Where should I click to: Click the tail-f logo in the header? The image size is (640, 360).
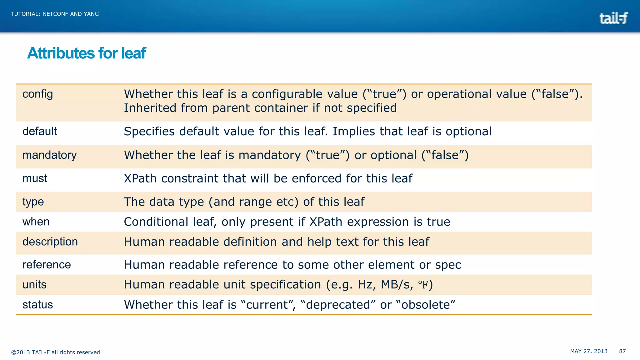coord(613,18)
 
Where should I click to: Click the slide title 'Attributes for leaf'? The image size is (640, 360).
coord(87,53)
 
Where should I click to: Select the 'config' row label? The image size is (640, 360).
coord(37,94)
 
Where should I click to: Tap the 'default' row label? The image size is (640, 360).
coord(40,131)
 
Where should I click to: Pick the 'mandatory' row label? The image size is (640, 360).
coord(49,155)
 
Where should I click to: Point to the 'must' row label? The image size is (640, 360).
coord(35,178)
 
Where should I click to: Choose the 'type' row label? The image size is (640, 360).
coord(33,202)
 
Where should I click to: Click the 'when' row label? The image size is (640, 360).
coord(36,222)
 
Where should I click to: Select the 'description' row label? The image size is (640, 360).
coord(50,242)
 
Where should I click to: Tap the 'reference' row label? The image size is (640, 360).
coord(47,265)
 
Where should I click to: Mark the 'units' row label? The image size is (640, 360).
coord(34,285)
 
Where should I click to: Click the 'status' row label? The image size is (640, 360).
coord(37,305)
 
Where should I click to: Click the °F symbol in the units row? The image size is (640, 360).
coord(423,285)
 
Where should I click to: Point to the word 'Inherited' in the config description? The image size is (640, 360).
coord(150,108)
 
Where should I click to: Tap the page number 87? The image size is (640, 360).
coord(622,351)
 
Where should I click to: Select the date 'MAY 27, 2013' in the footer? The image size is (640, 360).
coord(589,351)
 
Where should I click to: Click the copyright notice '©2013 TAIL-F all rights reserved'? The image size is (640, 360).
coord(55,352)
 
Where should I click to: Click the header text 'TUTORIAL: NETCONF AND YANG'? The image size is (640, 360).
coord(55,14)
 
